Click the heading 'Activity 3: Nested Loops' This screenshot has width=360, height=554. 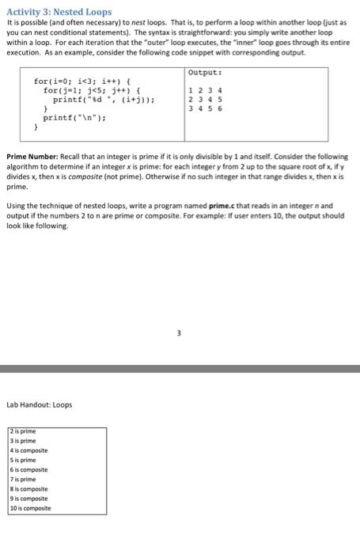tap(59, 13)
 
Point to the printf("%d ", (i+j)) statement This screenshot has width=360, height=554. tap(102, 100)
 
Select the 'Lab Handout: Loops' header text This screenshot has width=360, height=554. tap(39, 404)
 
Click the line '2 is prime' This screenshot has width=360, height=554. tap(23, 432)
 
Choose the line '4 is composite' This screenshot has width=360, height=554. tap(28, 450)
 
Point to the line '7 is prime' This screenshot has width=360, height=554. tap(23, 480)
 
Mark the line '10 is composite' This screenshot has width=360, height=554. tap(30, 508)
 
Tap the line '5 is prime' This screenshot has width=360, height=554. tap(23, 460)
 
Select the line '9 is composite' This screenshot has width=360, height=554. tap(28, 499)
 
